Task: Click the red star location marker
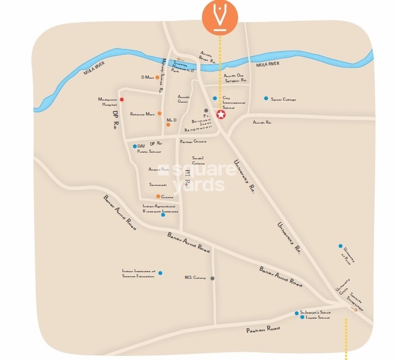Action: point(221,115)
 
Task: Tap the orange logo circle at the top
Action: point(220,16)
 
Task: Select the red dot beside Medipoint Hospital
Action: point(122,100)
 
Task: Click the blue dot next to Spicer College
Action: point(266,99)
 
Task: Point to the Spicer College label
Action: point(284,99)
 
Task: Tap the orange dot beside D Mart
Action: point(157,78)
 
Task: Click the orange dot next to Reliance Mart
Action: point(159,113)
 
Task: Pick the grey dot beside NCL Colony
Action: point(213,278)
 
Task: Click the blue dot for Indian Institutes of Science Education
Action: point(160,273)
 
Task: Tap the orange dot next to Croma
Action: point(158,196)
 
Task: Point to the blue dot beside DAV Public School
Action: point(135,147)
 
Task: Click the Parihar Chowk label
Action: point(193,141)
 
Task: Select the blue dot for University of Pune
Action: point(340,246)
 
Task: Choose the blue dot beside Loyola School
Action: point(302,318)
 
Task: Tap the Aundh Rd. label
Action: point(262,123)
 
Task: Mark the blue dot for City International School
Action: point(215,98)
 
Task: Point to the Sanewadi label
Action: point(157,184)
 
